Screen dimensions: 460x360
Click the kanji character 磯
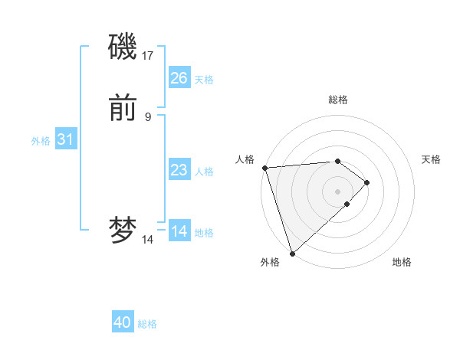[123, 47]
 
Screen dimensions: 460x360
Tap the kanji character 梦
[123, 231]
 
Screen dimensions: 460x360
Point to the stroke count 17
[148, 55]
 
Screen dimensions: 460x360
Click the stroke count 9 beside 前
[148, 116]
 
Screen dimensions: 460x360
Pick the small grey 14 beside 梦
[148, 239]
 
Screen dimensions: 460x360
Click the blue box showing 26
[179, 78]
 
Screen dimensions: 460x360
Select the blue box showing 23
[179, 170]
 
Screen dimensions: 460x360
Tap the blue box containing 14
[179, 231]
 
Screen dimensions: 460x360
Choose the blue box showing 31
[65, 139]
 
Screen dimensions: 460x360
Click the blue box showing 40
[123, 322]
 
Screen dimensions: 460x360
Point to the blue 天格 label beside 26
[204, 79]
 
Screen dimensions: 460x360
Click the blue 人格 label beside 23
[204, 171]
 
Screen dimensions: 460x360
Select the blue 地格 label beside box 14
[204, 232]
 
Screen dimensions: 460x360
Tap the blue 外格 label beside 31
[41, 140]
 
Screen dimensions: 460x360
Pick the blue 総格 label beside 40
[147, 323]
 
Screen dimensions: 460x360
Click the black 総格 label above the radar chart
[338, 100]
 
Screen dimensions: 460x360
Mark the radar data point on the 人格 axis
[264, 168]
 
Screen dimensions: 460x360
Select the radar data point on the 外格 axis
[291, 253]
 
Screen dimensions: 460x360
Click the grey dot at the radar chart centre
[338, 191]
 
